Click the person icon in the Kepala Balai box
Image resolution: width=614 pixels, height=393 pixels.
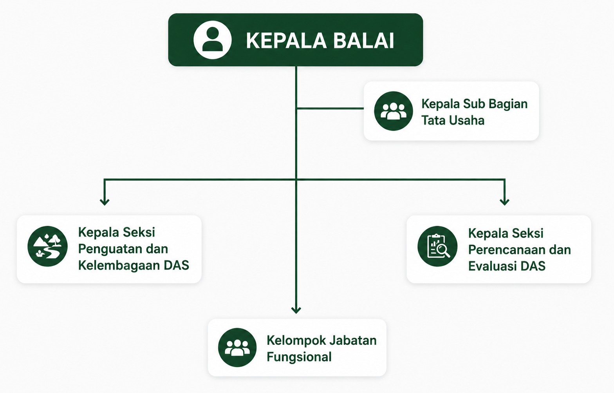[x=212, y=40]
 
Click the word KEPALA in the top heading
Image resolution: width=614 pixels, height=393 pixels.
[x=286, y=41]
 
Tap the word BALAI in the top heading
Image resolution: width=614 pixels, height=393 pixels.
[x=363, y=41]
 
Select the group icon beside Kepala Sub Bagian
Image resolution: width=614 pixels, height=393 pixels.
[x=393, y=111]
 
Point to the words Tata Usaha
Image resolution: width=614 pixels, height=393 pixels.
[x=453, y=120]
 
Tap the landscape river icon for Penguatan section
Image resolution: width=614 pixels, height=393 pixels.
[x=47, y=246]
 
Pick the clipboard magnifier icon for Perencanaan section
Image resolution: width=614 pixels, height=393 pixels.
[x=437, y=246]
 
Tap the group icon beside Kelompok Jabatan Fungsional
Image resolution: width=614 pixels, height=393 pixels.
[x=237, y=348]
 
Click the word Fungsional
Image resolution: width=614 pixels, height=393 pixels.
[x=299, y=357]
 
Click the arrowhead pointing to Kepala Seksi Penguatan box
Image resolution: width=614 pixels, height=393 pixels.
[x=105, y=202]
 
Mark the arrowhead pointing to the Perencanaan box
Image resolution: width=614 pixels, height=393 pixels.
[x=505, y=202]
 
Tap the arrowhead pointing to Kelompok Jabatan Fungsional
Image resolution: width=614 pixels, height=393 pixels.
[x=296, y=310]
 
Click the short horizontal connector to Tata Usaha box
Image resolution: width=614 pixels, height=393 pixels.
[x=330, y=109]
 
